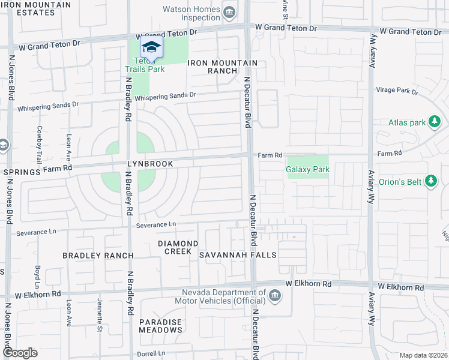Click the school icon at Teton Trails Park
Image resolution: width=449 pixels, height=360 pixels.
point(152,47)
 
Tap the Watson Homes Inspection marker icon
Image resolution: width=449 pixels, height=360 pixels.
point(229,13)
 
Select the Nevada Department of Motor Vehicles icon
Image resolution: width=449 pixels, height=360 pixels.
point(274,296)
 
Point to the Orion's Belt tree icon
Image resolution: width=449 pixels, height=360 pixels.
point(430,181)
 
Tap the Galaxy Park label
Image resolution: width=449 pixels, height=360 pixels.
point(308,170)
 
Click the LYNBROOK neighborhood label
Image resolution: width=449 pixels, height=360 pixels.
point(149,164)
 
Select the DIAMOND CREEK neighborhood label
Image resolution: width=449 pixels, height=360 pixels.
point(178,247)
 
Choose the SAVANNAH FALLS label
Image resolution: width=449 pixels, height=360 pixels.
point(238,255)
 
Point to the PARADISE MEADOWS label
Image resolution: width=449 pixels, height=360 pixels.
point(160,326)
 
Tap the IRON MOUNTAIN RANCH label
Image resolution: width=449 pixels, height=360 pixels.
point(223,67)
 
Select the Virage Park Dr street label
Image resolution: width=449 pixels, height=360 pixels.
point(396,91)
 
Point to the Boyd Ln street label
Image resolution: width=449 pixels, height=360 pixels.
point(37,276)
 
